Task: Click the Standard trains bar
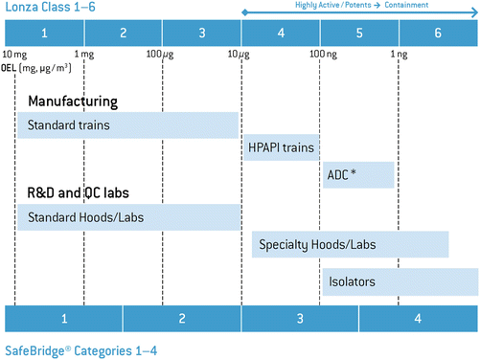tap(127, 125)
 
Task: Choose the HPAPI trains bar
tap(280, 149)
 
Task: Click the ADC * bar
tap(358, 174)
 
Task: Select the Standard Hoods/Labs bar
tap(127, 217)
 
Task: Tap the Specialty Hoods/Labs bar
tap(351, 245)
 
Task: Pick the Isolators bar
tap(400, 282)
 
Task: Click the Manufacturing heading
tap(73, 101)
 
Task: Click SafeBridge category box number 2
tap(182, 319)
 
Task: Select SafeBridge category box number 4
tap(419, 319)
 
